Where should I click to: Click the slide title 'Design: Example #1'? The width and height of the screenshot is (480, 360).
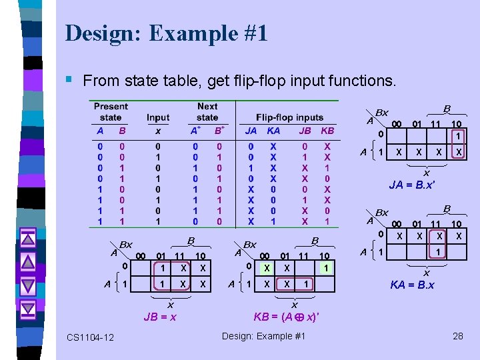(x=167, y=33)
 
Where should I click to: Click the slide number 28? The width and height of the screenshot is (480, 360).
(x=457, y=335)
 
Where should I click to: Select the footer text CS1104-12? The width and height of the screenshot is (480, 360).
(x=90, y=337)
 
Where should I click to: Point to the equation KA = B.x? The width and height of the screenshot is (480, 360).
(x=412, y=285)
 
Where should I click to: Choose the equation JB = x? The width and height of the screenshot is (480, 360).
(x=160, y=317)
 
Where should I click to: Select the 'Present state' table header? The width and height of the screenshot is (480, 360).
(x=111, y=111)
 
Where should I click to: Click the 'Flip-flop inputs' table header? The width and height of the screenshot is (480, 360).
(x=289, y=117)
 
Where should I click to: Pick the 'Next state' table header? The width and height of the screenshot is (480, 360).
(x=207, y=111)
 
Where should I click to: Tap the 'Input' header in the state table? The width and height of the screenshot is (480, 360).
(x=158, y=117)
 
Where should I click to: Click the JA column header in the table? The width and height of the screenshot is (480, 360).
(x=251, y=131)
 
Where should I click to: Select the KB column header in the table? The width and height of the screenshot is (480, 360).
(x=327, y=131)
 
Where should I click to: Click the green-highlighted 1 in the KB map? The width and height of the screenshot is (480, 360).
(x=325, y=267)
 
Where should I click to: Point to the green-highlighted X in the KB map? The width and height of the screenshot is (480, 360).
(x=266, y=267)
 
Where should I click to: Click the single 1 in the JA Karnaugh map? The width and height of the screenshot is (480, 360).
(x=458, y=137)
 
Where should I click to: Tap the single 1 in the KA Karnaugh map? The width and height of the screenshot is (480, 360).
(x=437, y=251)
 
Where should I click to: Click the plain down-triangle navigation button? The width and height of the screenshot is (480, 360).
(x=28, y=285)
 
